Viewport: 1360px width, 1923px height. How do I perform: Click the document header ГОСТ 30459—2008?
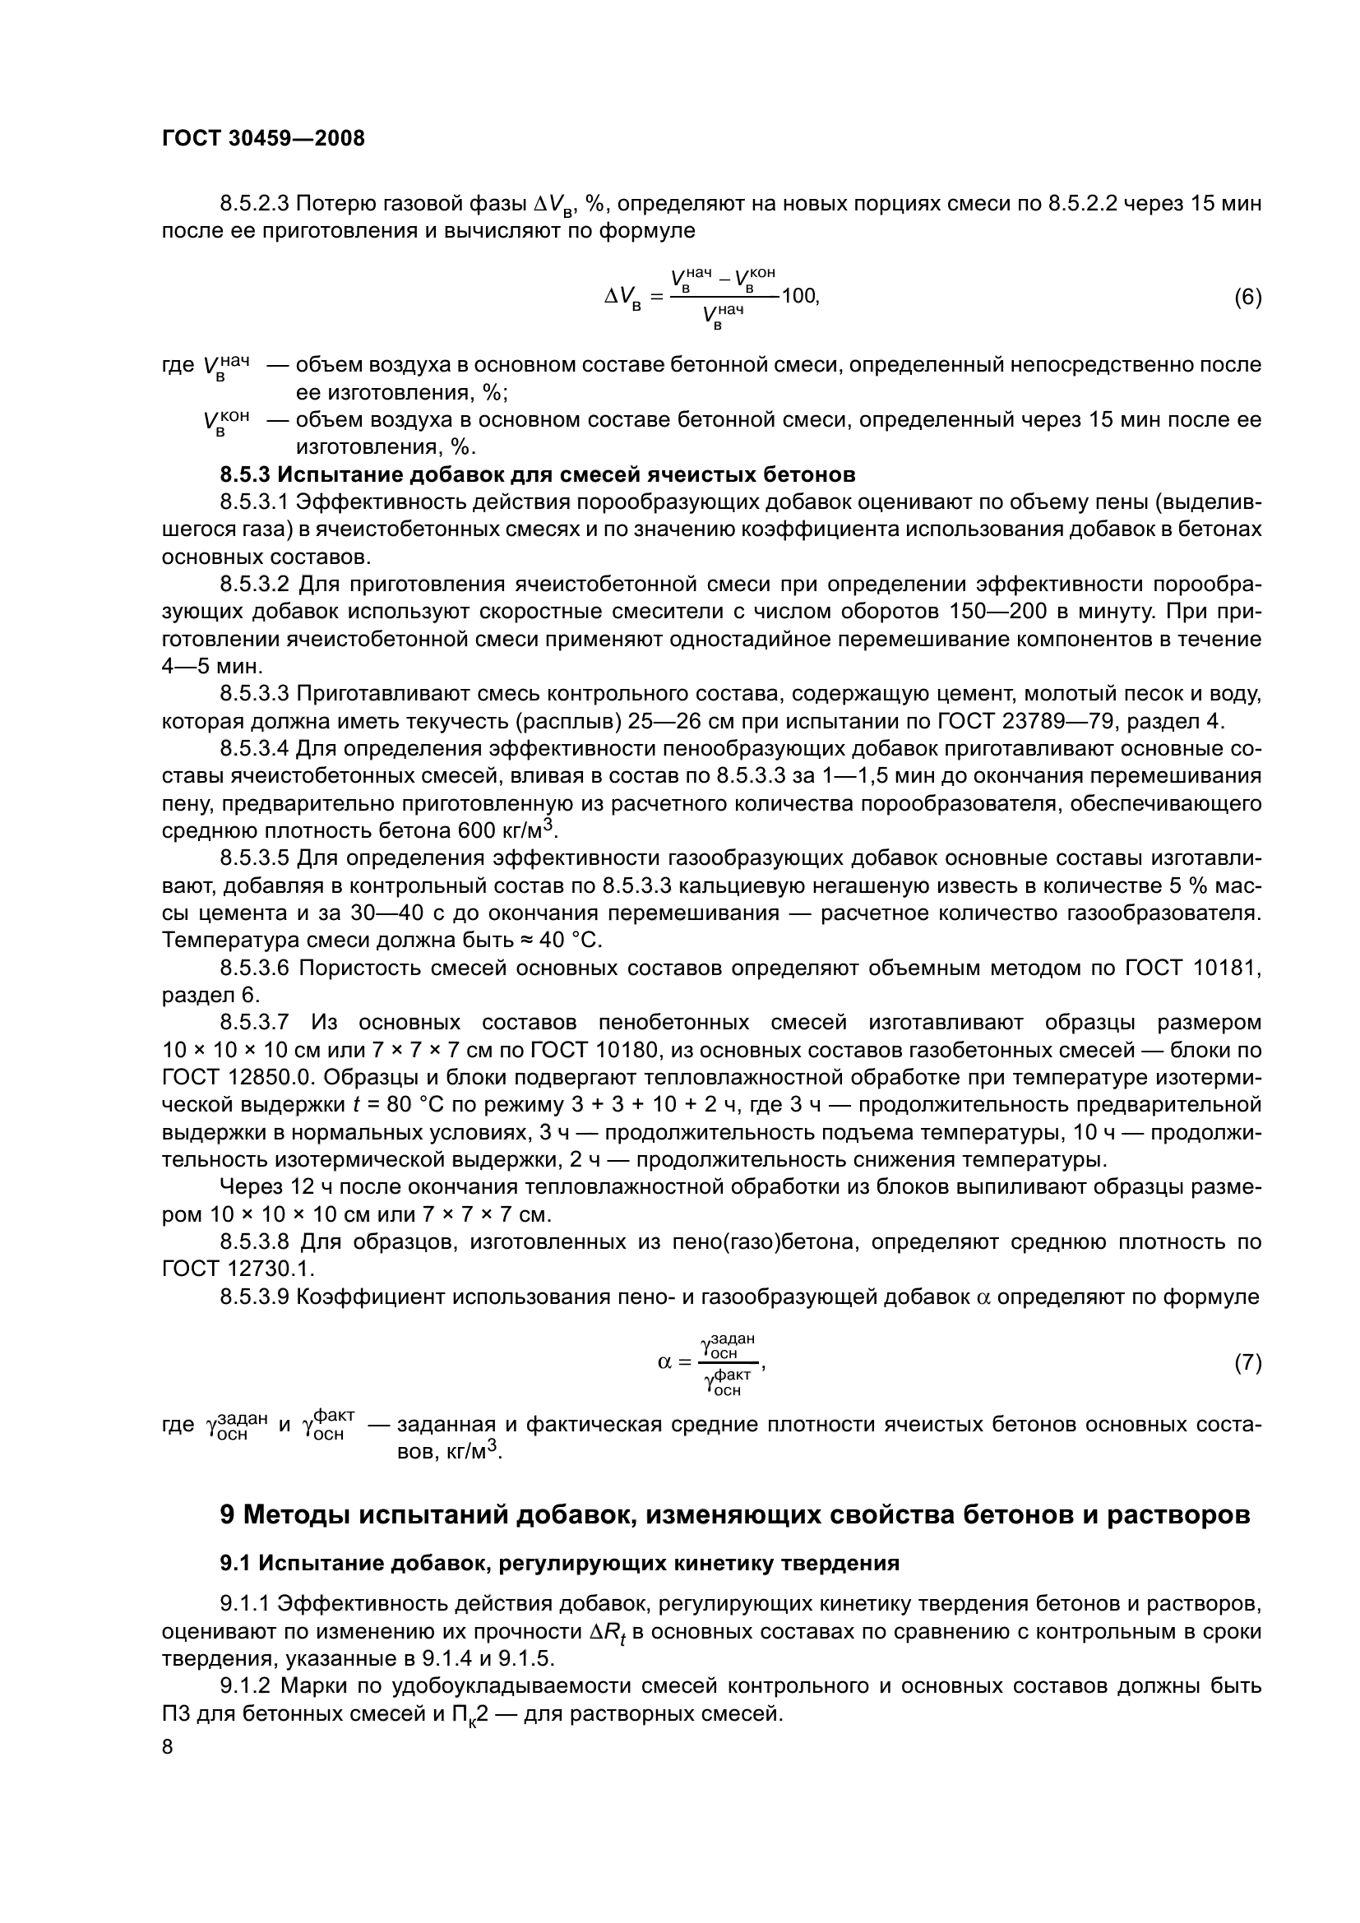pyautogui.click(x=263, y=139)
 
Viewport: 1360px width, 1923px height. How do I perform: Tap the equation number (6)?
pyautogui.click(x=1248, y=298)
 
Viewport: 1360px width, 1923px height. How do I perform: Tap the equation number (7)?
pyautogui.click(x=1248, y=1363)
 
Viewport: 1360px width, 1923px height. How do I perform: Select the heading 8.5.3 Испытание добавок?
pyautogui.click(x=537, y=475)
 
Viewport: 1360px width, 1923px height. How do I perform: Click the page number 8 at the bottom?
pyautogui.click(x=168, y=1745)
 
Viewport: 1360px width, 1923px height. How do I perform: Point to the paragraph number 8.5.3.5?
pyautogui.click(x=255, y=858)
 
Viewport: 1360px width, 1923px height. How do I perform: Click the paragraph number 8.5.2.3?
pyautogui.click(x=255, y=204)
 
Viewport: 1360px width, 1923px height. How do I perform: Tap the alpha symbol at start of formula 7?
pyautogui.click(x=665, y=1362)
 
